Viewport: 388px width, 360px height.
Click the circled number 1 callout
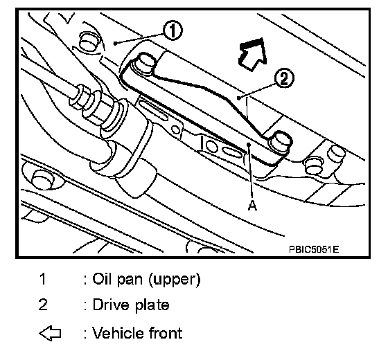(173, 31)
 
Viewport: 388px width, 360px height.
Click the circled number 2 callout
(284, 79)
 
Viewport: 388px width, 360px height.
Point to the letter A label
(252, 206)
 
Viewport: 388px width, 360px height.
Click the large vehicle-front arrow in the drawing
(253, 54)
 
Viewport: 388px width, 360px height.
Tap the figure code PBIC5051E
(314, 249)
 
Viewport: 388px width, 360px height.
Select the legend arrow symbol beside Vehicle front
(50, 333)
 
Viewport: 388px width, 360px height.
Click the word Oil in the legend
(102, 278)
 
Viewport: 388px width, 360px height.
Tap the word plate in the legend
(152, 305)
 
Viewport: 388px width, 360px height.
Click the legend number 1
(43, 278)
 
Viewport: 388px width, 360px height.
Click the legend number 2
(43, 305)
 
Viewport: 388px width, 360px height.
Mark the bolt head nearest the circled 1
(89, 42)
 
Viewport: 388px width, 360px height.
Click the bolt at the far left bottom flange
(41, 179)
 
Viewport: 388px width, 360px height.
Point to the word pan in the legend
(130, 280)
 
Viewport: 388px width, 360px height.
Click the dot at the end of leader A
(249, 145)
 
